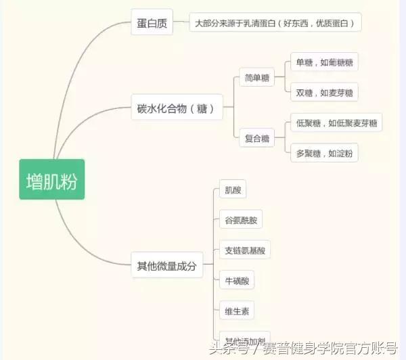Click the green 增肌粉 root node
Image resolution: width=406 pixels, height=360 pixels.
click(51, 179)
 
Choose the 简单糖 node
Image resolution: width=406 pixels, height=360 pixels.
click(256, 78)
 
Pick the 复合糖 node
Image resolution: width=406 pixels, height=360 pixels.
click(256, 139)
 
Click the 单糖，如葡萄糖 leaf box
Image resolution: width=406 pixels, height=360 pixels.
click(323, 63)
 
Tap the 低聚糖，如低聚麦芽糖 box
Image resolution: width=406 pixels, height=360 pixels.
click(336, 124)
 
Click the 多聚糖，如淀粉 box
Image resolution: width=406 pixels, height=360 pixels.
click(323, 153)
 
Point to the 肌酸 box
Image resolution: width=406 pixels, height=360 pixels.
click(232, 190)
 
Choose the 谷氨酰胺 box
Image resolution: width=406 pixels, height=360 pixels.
click(240, 221)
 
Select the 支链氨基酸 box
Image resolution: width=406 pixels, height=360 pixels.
click(245, 250)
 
